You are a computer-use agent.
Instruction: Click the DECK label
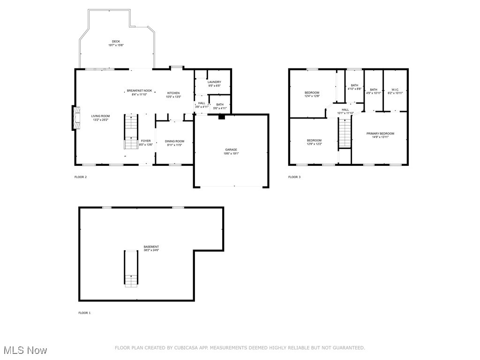[116, 41]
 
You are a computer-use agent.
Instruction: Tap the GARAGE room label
[231, 150]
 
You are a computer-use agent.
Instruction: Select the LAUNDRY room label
[214, 82]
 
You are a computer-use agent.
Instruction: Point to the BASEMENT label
[151, 247]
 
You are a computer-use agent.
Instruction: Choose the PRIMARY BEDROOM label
[380, 134]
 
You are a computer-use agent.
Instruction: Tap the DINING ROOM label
[174, 141]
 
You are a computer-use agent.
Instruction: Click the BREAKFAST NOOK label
[139, 91]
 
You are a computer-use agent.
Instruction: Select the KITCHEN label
[173, 93]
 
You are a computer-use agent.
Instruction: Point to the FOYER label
[146, 141]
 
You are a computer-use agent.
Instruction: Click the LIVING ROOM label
[100, 116]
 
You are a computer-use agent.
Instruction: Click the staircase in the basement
[131, 268]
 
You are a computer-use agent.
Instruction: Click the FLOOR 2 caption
[81, 177]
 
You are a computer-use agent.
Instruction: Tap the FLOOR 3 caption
[294, 177]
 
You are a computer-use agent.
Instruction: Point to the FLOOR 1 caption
[84, 313]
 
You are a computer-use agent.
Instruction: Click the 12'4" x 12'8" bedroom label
[312, 93]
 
